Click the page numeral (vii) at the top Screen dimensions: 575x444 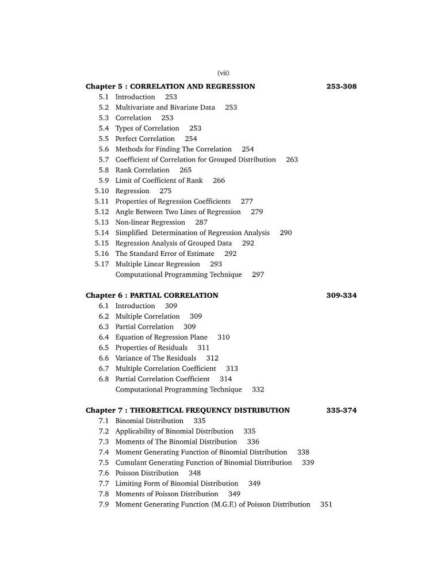[x=223, y=73]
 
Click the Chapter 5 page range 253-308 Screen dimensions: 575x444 [x=341, y=86]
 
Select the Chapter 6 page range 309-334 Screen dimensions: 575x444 [x=341, y=296]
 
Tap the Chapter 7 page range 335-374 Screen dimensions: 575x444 [x=341, y=411]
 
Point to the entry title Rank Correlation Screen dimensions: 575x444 [x=142, y=170]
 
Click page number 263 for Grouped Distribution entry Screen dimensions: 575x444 [x=292, y=160]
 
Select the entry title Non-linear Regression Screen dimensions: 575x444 [x=150, y=223]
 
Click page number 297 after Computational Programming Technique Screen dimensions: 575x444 [x=258, y=275]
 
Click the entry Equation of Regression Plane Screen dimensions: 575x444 [x=161, y=338]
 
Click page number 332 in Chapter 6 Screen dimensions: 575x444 [x=258, y=390]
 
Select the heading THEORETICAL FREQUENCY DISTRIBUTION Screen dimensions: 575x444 [x=210, y=411]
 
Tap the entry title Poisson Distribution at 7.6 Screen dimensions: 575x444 [x=147, y=473]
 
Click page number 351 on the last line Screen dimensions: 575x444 [x=326, y=505]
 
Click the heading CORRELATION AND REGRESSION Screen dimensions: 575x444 [x=193, y=86]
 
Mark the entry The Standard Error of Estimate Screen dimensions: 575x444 [x=164, y=254]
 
